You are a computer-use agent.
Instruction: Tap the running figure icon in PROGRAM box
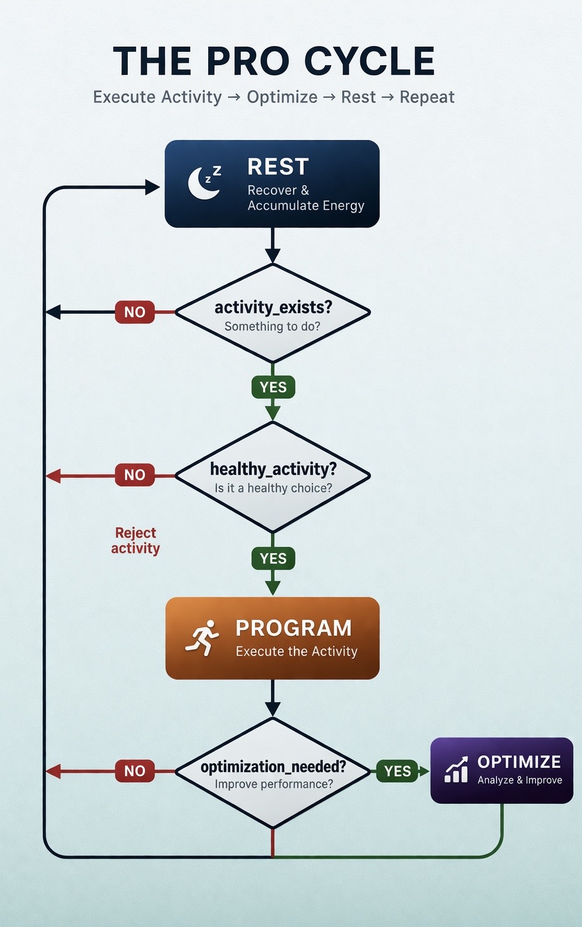[202, 638]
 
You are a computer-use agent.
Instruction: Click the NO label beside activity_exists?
[135, 312]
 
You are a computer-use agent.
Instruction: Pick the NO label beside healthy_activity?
[135, 475]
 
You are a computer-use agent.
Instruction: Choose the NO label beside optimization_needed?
[135, 771]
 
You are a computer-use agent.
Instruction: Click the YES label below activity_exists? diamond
[273, 387]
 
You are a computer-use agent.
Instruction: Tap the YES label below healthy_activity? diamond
[273, 558]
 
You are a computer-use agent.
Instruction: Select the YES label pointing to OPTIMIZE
[397, 771]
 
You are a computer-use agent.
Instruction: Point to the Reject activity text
[135, 540]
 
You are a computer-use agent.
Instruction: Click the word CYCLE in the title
[369, 62]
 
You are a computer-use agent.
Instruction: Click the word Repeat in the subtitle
[427, 97]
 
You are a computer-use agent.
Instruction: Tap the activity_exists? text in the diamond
[273, 307]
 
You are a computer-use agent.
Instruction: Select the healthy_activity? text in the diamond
[273, 469]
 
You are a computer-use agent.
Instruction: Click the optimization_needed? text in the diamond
[273, 767]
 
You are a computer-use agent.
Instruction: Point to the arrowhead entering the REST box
[153, 187]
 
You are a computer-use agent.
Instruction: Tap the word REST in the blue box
[278, 167]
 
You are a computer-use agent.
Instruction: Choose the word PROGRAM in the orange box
[293, 628]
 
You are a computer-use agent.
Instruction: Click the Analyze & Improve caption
[520, 780]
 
